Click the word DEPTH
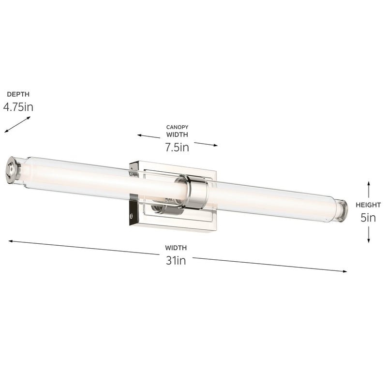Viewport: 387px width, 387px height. click(15, 94)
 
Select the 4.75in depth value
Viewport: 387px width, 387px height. click(18, 107)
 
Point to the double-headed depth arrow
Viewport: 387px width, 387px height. click(17, 124)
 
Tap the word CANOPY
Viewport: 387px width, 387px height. click(177, 127)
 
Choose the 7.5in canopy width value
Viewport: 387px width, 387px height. click(177, 148)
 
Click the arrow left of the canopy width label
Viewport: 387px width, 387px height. click(149, 136)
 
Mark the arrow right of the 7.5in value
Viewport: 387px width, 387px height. click(206, 144)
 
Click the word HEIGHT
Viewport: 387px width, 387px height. click(368, 205)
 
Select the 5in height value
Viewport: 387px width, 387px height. click(368, 218)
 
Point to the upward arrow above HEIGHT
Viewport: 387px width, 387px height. click(369, 189)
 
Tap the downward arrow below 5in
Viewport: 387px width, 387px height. click(369, 234)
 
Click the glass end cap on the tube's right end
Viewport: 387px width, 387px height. click(342, 211)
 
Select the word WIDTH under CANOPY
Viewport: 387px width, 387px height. click(177, 135)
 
